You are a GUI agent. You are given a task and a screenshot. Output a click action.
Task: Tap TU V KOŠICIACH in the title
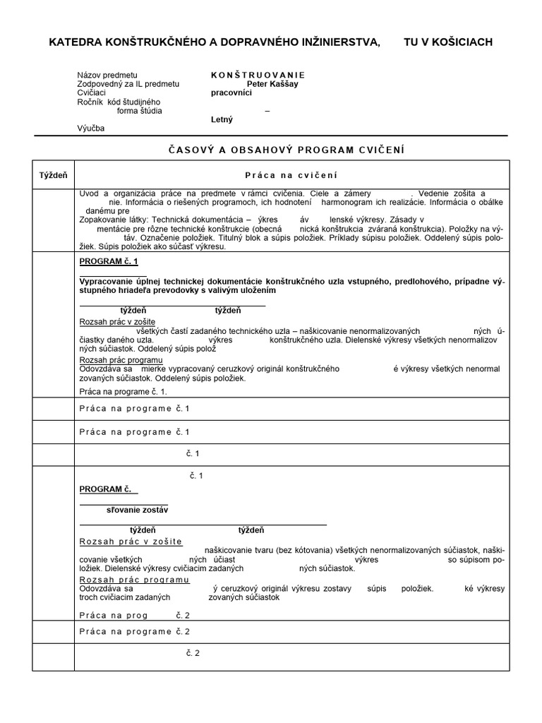pos(447,42)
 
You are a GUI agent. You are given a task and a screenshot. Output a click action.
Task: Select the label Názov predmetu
pos(107,75)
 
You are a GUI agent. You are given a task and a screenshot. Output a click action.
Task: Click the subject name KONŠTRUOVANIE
pos(258,75)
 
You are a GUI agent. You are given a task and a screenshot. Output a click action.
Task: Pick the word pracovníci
pos(231,92)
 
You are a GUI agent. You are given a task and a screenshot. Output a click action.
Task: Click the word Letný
pos(222,119)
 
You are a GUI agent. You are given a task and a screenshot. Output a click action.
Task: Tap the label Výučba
pos(90,129)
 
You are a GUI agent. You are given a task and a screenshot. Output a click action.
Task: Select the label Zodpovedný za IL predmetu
pos(128,84)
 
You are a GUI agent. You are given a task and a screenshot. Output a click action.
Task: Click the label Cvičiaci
pos(92,92)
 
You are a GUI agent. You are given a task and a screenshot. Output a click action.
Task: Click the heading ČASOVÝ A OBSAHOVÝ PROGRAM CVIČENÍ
pos(286,150)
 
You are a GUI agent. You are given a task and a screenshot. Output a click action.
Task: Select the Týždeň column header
pos(52,174)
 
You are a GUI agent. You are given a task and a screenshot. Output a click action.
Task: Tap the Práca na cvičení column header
pos(291,175)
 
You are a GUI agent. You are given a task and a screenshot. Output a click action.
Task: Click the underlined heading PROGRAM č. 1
pos(109,262)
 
